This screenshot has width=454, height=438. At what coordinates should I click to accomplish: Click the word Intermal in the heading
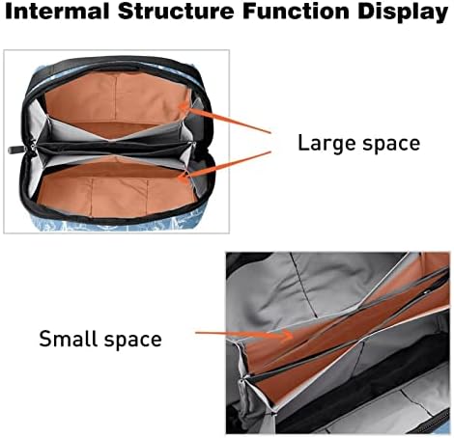tap(57, 11)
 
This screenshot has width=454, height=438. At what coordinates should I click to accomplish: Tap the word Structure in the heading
tap(176, 11)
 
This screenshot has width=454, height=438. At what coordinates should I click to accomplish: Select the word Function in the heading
tap(297, 11)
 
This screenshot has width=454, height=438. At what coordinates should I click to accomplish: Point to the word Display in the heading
tap(403, 13)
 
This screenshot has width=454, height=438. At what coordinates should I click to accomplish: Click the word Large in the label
tap(327, 144)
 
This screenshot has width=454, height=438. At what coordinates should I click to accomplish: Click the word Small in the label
tap(69, 338)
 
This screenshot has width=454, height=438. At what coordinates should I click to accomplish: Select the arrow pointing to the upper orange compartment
tap(225, 119)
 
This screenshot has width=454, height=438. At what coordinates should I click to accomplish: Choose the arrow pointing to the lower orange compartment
tap(225, 164)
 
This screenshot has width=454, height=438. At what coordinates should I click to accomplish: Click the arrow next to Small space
tap(243, 335)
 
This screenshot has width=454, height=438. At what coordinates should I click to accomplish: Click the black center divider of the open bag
tap(114, 149)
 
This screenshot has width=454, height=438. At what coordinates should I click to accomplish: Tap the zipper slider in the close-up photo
tap(241, 386)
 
